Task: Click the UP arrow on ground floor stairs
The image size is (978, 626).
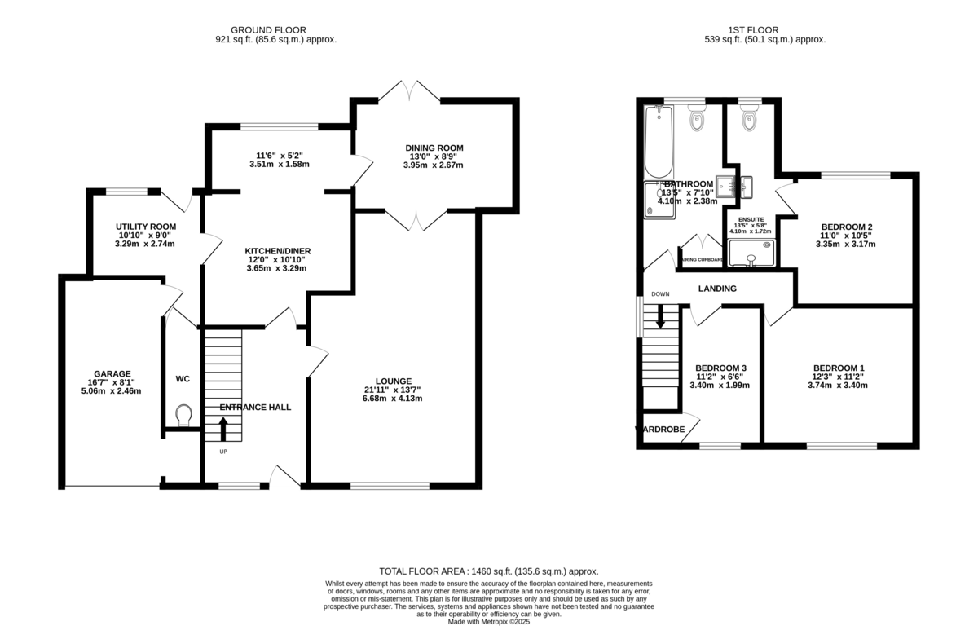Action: coord(223,428)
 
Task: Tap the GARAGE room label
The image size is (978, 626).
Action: coord(112,374)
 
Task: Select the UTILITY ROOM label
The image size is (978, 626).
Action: coord(146,227)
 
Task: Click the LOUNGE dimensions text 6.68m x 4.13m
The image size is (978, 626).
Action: coord(394,399)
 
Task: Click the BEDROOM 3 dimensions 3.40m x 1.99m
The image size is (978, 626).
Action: coord(719,386)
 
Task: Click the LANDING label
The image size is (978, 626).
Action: coord(717,289)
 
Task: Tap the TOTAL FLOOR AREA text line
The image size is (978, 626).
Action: coord(489,572)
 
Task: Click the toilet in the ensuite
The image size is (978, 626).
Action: coord(749,121)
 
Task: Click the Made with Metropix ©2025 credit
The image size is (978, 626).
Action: coord(489,621)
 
